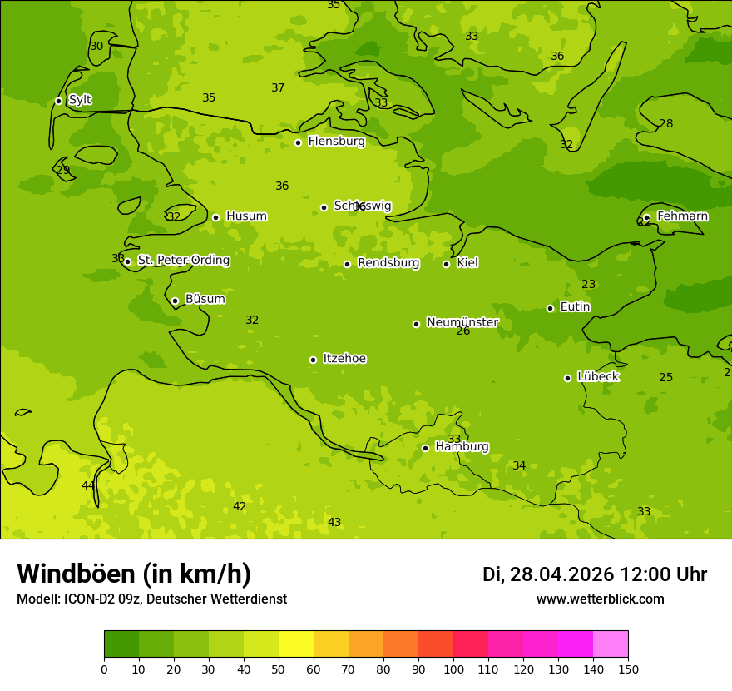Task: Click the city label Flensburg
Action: point(336,142)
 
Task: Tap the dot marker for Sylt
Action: point(58,101)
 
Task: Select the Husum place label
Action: point(246,216)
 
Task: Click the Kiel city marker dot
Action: point(446,264)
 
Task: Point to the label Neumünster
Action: point(462,322)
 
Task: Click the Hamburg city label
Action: point(462,446)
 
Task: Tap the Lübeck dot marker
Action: point(567,378)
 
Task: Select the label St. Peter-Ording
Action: point(183,261)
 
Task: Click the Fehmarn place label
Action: point(682,216)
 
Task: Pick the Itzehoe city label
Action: point(344,359)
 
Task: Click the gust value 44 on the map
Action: point(88,485)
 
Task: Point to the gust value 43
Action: point(334,522)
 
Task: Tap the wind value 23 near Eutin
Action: point(589,284)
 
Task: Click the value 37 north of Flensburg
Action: point(278,87)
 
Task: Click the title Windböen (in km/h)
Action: point(134,574)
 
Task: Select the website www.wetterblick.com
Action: point(600,599)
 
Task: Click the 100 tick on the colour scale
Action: point(453,669)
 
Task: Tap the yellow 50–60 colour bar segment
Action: point(296,644)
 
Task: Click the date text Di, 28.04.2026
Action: point(547,574)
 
